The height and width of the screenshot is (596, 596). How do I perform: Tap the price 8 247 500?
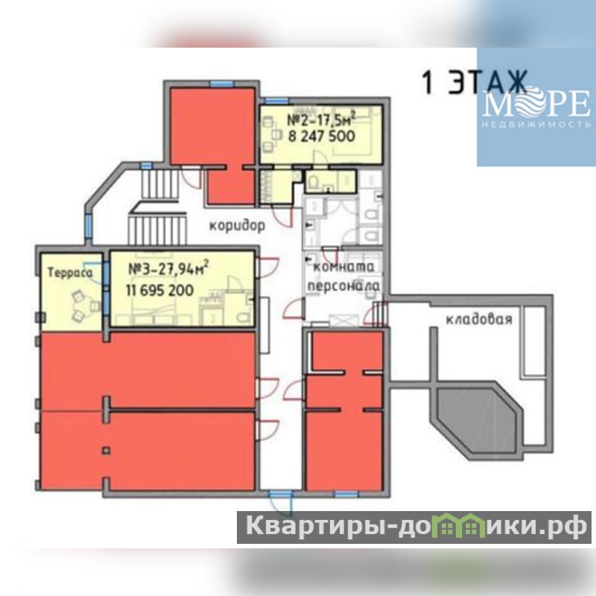tap(322, 136)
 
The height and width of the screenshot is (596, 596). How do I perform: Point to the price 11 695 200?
tap(159, 291)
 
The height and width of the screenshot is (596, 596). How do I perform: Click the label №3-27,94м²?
tap(168, 268)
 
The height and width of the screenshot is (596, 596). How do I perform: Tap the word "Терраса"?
tap(70, 273)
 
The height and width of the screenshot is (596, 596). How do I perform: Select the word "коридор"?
tap(237, 226)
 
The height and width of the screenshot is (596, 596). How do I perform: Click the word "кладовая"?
tap(479, 320)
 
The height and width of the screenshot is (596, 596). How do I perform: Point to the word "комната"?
tap(343, 267)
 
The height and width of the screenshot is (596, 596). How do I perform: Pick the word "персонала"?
tap(343, 286)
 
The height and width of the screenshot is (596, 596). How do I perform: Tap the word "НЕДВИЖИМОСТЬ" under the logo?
tap(536, 124)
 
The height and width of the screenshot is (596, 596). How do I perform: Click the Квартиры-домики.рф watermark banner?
tap(414, 527)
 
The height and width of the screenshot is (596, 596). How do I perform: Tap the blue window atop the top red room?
tap(221, 84)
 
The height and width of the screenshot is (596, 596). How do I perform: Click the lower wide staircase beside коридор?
tap(157, 230)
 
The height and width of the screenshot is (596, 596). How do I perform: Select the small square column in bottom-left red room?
tap(107, 451)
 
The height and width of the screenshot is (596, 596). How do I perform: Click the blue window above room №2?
tap(277, 101)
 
